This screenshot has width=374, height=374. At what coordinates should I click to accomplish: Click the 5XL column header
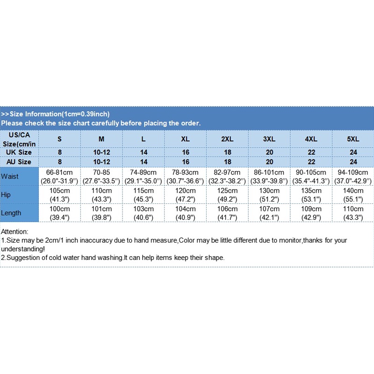(353, 139)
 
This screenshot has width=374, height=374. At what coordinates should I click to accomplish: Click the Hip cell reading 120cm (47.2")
(185, 194)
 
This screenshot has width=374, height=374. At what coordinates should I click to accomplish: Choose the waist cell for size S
(59, 176)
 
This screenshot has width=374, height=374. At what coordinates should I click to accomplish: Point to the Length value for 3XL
(269, 213)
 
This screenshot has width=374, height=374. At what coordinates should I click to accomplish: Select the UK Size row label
(19, 152)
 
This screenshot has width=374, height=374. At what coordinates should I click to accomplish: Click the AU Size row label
(19, 162)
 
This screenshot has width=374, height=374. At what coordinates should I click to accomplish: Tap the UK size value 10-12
(101, 152)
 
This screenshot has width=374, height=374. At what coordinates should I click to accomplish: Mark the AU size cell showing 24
(353, 162)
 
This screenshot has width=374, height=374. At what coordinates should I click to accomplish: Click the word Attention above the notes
(14, 231)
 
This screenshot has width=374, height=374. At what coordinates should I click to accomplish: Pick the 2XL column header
(227, 139)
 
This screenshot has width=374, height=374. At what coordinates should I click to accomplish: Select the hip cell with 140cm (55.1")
(353, 194)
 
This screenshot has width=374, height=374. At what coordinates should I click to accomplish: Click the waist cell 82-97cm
(227, 176)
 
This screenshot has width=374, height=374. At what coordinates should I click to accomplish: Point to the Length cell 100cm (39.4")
(59, 213)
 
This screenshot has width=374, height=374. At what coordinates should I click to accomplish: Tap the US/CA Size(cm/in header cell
(19, 139)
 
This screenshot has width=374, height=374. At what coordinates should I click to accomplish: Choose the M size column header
(101, 139)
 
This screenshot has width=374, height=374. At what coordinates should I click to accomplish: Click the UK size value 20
(269, 152)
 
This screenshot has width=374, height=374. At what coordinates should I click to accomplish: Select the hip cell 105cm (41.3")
(59, 194)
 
